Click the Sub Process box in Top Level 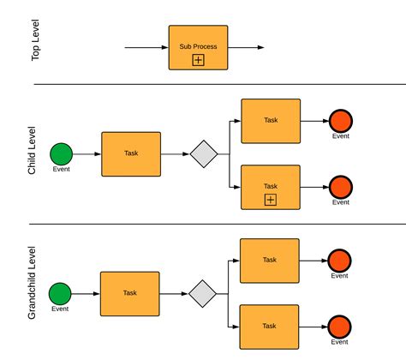click(x=198, y=46)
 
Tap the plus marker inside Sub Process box click(x=198, y=60)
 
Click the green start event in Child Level click(x=61, y=153)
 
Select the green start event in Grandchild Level click(x=60, y=293)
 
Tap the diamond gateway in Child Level click(x=205, y=154)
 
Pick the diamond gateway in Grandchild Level click(x=203, y=293)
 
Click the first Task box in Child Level click(x=131, y=154)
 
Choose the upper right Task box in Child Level click(x=271, y=121)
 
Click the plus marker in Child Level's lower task click(x=271, y=200)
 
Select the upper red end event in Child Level click(x=341, y=121)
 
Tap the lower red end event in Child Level click(x=341, y=187)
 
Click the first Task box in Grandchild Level click(x=129, y=293)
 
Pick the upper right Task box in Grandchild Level click(x=269, y=261)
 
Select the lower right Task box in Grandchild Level click(x=269, y=327)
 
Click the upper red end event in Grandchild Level click(x=340, y=261)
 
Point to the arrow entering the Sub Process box click(x=146, y=47)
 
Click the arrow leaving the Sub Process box click(x=242, y=47)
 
